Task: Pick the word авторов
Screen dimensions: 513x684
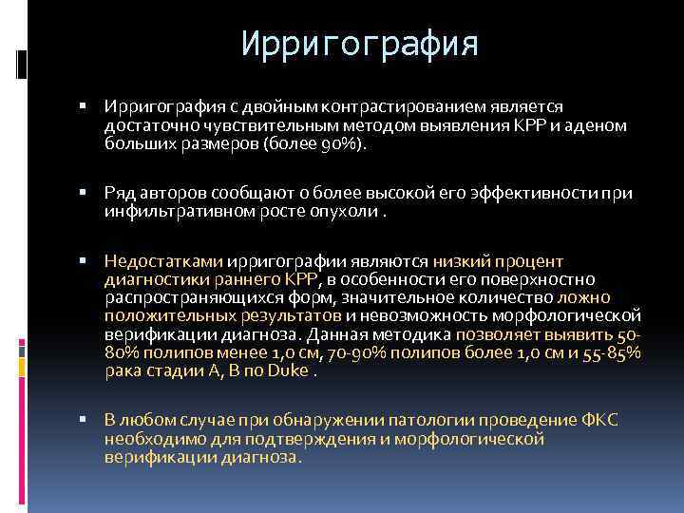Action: pyautogui.click(x=173, y=192)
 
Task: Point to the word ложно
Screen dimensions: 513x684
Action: pyautogui.click(x=617, y=296)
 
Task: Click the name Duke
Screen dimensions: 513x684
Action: pyautogui.click(x=288, y=370)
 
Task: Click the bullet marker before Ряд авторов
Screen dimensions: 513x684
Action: pyautogui.click(x=85, y=193)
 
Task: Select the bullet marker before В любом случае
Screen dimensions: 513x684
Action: pyautogui.click(x=85, y=422)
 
